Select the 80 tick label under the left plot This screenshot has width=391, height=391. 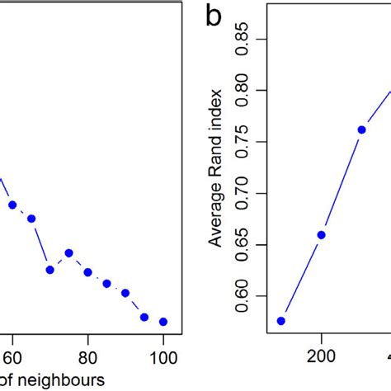click(x=87, y=358)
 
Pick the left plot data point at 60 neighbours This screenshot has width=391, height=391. click(x=12, y=205)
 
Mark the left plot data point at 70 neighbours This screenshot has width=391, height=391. click(x=50, y=270)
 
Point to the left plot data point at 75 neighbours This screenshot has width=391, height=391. click(x=68, y=253)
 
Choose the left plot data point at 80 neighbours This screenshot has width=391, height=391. click(x=87, y=272)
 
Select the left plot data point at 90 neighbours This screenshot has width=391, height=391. click(x=125, y=293)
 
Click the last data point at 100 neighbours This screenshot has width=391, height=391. click(x=163, y=322)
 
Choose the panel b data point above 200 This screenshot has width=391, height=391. click(x=322, y=235)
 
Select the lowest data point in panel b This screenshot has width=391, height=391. click(x=281, y=321)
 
